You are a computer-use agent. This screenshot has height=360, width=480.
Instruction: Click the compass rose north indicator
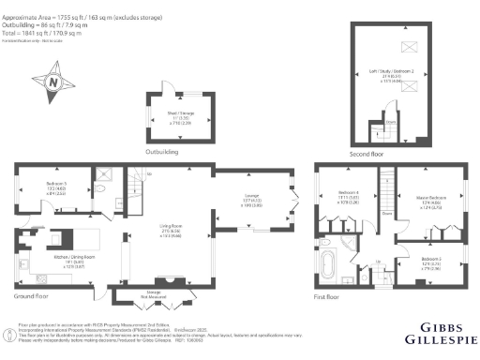click(53, 82)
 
